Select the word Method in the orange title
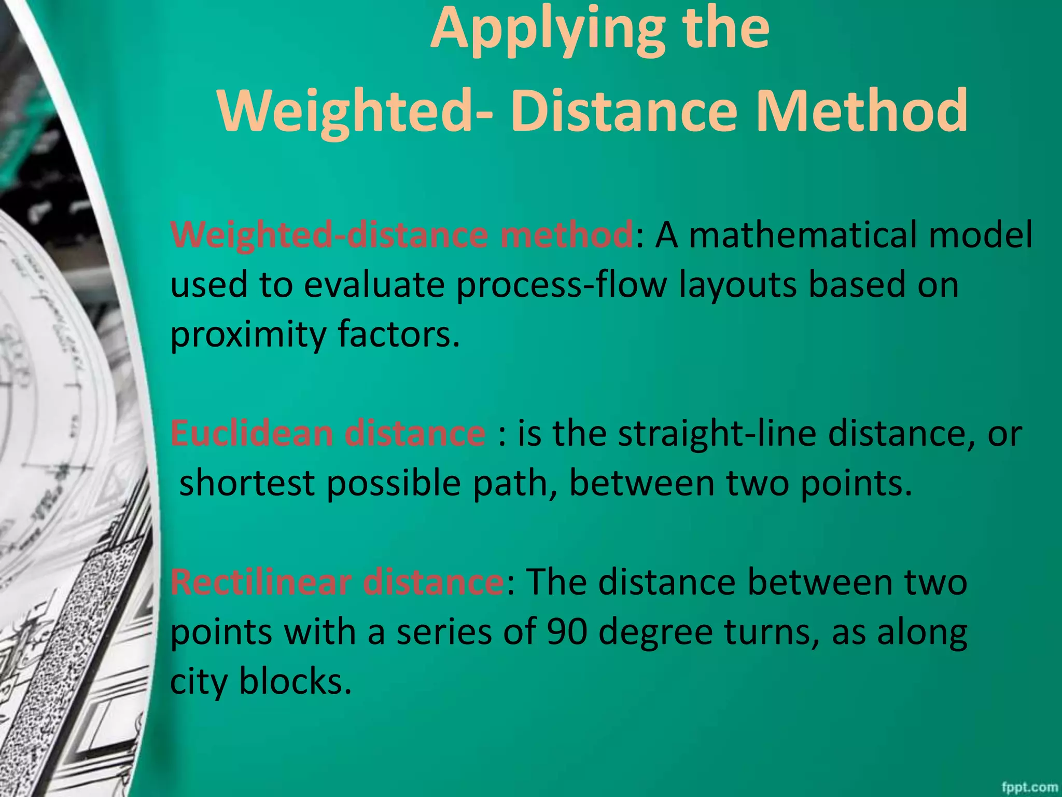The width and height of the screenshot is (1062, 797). point(861,111)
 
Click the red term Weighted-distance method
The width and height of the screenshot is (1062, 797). point(401,235)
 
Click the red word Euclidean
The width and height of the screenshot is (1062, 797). point(251,433)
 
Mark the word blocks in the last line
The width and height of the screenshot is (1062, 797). point(295,681)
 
